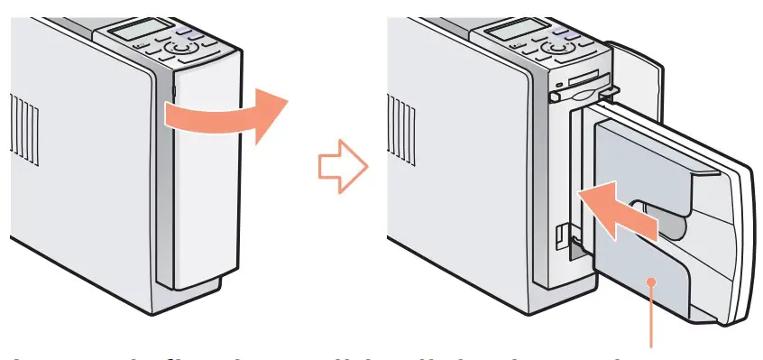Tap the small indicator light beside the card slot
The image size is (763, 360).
561,87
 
